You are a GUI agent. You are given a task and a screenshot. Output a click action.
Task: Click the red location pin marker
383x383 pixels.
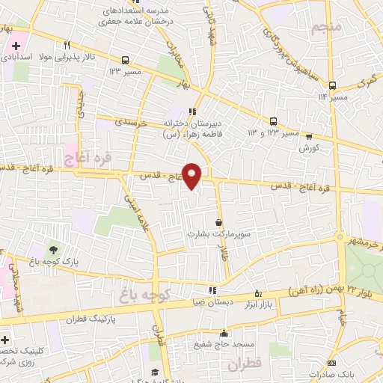coord(192,175)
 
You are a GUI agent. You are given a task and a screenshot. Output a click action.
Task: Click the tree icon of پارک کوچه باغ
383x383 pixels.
coord(53,250)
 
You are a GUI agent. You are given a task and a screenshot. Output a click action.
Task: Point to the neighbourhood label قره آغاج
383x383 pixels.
coord(89,157)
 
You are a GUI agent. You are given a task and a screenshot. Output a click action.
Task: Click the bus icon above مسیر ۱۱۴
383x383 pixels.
coord(334,84)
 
